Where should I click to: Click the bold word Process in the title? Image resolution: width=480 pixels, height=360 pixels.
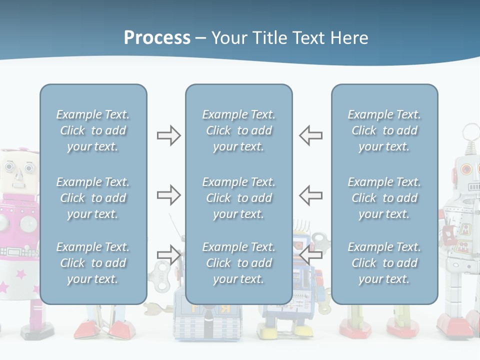[157, 38]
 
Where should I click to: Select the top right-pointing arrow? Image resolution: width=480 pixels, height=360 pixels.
[168, 135]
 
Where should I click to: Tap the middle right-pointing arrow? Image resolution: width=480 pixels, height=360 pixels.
[168, 195]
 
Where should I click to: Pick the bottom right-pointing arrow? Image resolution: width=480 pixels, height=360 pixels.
[168, 254]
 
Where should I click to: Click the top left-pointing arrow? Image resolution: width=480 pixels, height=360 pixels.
[310, 135]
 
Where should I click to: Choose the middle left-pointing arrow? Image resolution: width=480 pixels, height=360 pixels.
[310, 195]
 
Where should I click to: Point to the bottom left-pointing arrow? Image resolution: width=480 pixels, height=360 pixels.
[310, 254]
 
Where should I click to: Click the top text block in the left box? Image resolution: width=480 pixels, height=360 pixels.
[93, 130]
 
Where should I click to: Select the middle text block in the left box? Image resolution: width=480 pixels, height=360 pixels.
[93, 198]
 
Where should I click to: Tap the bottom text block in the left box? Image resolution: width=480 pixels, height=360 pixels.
[93, 263]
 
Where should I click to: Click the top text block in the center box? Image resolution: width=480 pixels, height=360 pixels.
[238, 130]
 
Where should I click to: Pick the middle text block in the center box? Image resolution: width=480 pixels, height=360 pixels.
[238, 198]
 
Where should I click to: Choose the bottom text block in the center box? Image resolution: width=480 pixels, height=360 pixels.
[238, 263]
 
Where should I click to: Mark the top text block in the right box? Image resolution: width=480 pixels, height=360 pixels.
[384, 130]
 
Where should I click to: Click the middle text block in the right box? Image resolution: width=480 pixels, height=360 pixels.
[384, 198]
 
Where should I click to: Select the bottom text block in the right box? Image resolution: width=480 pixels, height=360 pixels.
[384, 263]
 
